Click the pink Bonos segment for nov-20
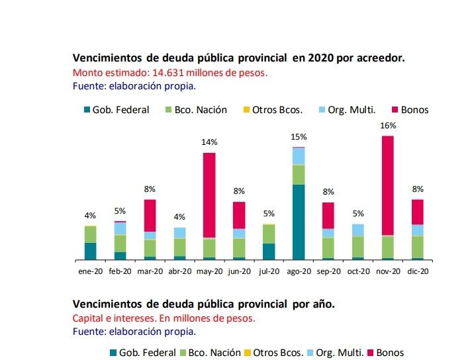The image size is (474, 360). pos(388,185)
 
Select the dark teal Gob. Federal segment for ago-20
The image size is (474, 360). pos(299,222)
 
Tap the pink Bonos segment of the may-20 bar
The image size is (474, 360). pos(209,195)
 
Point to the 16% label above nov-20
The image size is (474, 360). pos(388,126)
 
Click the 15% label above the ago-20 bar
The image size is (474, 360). pos(299,137)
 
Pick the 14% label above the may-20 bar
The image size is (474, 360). pos(209,142)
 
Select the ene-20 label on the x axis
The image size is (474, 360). pos(90,271)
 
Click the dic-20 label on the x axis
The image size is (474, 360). pos(418,271)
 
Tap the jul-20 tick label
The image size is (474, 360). pos(269,271)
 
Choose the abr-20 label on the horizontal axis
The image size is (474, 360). pos(179,271)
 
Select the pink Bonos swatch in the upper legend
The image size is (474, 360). pos(396,110)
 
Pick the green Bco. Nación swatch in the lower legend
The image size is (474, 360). pos(183,353)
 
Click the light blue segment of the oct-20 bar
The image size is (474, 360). pos(358,230)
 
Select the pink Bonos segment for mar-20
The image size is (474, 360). pos(150,215)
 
